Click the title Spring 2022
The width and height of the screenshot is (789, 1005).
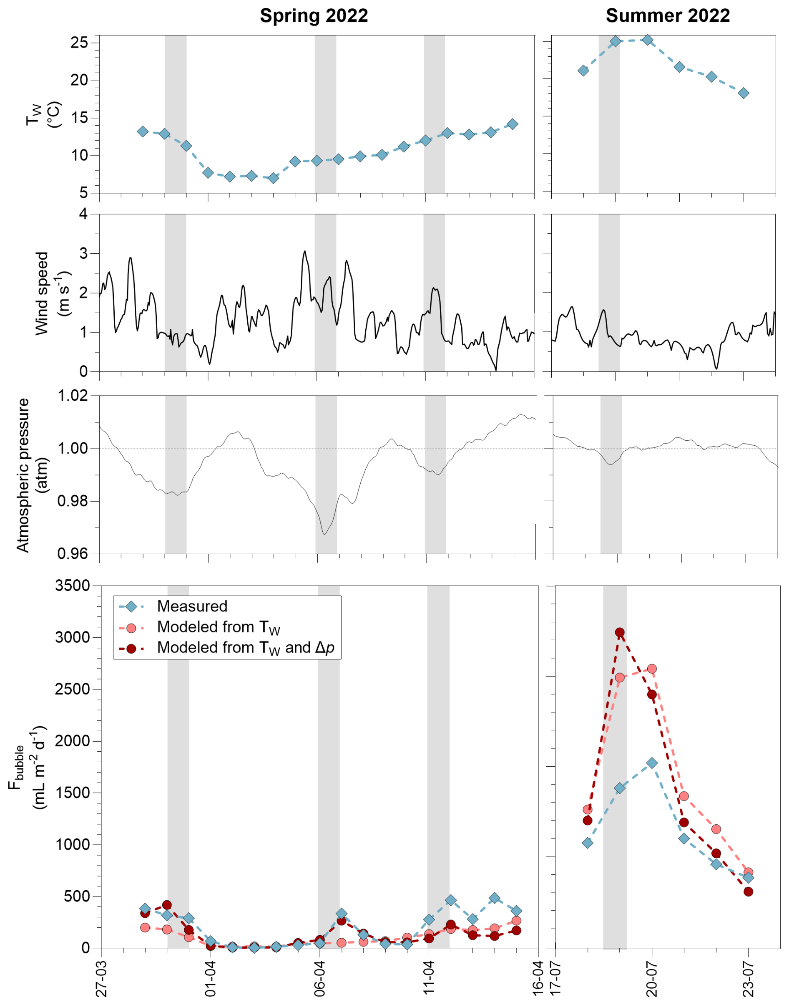314,16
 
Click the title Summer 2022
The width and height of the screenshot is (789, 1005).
668,16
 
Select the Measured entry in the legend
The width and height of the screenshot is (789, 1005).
192,606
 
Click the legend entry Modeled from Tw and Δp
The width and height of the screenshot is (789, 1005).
246,648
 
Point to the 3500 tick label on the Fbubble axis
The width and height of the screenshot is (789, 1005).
73,586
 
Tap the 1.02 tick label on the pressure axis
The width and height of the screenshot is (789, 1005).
73,396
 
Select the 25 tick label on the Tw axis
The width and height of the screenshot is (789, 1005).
80,43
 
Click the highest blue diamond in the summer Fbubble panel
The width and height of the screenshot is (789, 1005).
652,763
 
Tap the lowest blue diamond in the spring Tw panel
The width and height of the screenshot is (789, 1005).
274,178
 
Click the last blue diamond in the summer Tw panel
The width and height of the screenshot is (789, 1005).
744,93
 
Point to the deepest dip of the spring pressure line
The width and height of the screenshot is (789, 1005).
325,534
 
